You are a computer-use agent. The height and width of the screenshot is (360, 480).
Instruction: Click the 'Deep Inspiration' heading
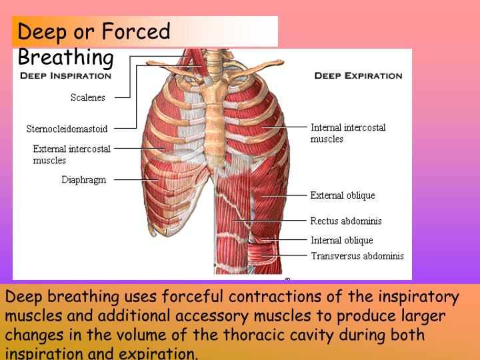click(x=65, y=75)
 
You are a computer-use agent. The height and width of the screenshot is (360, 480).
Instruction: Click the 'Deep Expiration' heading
click(x=358, y=75)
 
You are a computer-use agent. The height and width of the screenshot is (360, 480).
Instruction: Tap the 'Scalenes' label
click(x=88, y=98)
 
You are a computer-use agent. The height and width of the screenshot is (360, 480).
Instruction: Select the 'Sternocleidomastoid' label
click(x=67, y=129)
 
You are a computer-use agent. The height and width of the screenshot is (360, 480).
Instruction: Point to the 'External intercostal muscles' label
click(x=71, y=154)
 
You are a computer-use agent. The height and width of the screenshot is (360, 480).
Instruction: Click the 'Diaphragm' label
click(x=84, y=180)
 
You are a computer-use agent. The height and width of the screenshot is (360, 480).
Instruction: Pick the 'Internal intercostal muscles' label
click(x=348, y=133)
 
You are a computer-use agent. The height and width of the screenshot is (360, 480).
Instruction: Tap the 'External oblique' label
click(x=343, y=195)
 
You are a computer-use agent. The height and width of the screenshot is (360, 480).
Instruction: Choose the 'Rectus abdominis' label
click(x=346, y=221)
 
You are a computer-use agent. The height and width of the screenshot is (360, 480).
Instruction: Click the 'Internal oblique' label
click(x=342, y=240)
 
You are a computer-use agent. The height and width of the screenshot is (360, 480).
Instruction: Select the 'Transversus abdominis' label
click(x=357, y=255)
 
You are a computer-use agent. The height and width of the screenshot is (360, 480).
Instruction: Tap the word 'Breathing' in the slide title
click(x=66, y=57)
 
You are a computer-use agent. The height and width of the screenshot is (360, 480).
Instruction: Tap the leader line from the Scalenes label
click(x=123, y=98)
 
